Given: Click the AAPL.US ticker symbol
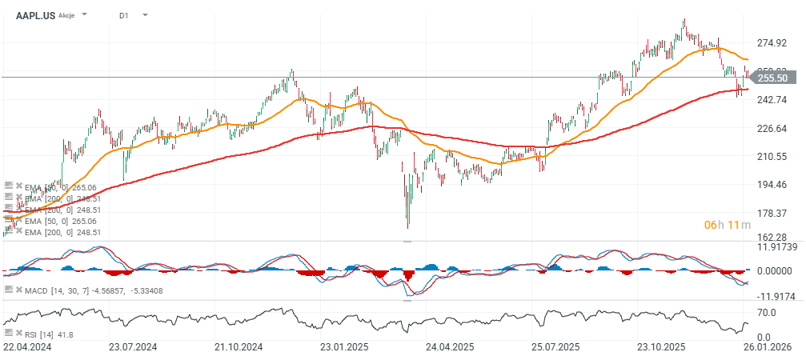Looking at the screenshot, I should pos(35,15).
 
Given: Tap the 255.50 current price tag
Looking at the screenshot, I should pos(772,78).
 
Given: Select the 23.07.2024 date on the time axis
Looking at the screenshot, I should pos(133,348).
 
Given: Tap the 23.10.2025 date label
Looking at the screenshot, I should pos(661,348).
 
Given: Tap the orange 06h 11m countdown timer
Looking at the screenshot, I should pos(727,225).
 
